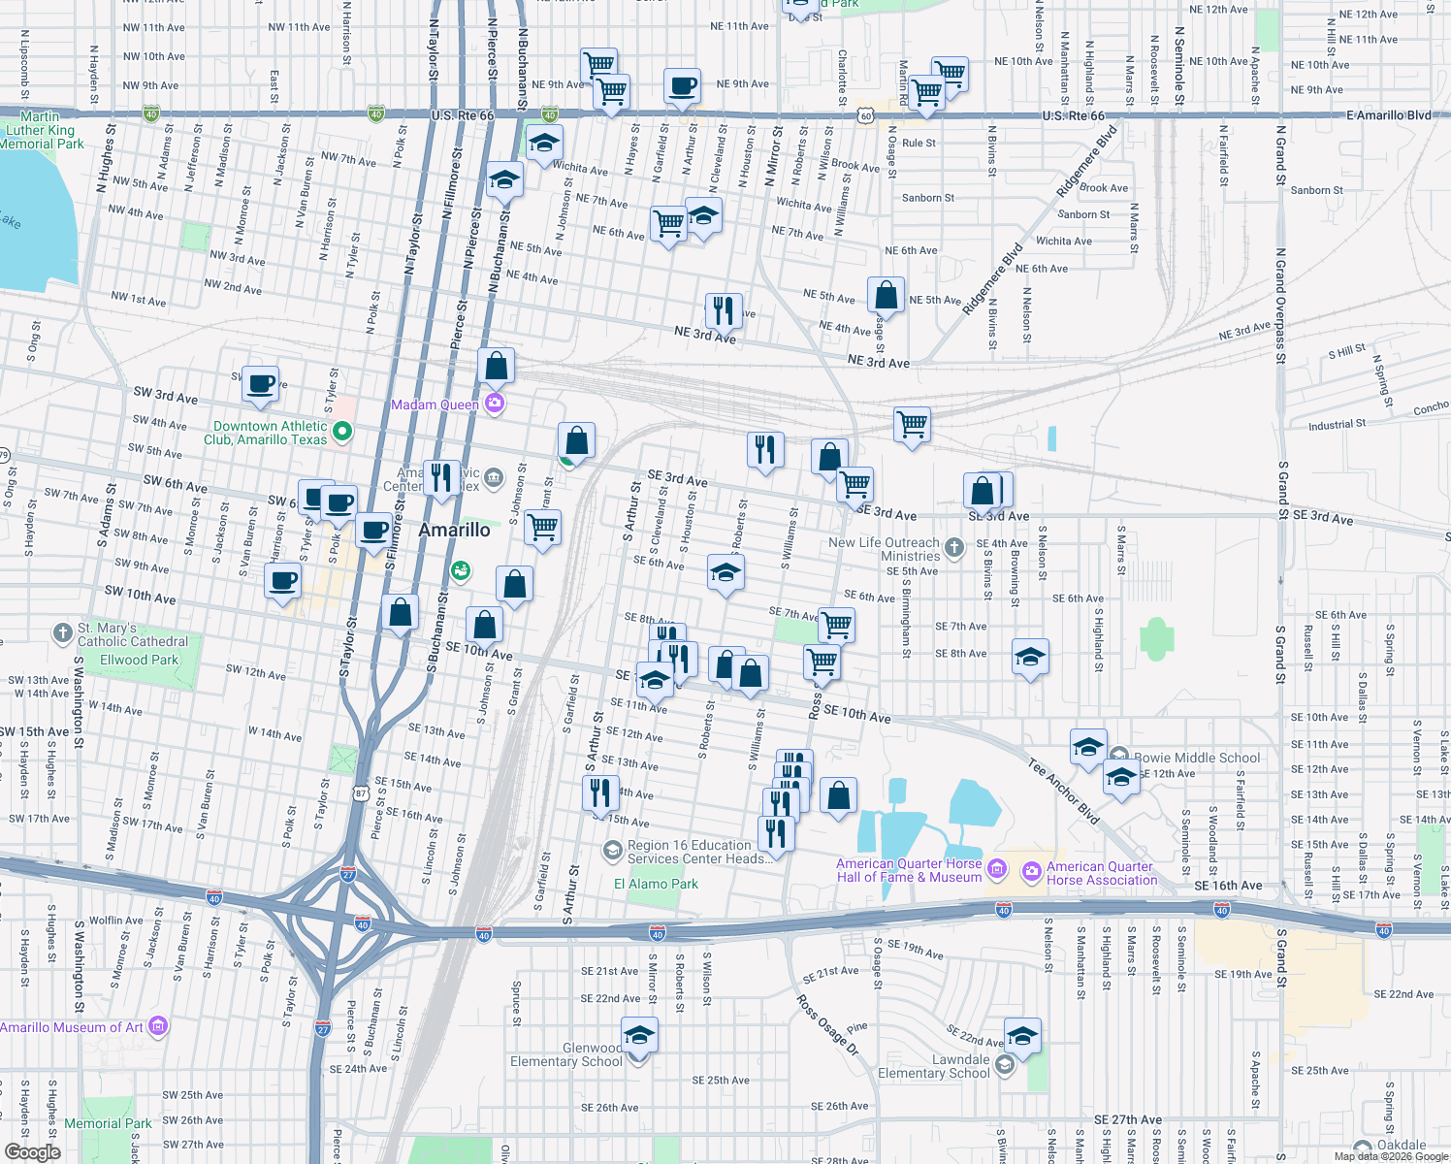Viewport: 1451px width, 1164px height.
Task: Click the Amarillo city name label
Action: click(x=454, y=530)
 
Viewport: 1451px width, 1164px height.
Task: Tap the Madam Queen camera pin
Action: click(x=495, y=404)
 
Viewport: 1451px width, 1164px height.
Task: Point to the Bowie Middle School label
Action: click(x=1197, y=758)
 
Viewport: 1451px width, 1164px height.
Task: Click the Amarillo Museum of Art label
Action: click(x=72, y=1027)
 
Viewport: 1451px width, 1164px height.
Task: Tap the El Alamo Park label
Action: click(x=656, y=884)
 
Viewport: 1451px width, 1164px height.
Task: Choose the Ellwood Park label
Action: click(x=140, y=660)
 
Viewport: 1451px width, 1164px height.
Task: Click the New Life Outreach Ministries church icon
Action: click(x=954, y=548)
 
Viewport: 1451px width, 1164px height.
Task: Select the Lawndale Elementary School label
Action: click(x=934, y=1066)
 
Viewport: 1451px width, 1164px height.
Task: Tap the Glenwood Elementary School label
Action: click(x=566, y=1054)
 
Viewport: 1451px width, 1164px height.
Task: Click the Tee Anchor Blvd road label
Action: click(x=1064, y=792)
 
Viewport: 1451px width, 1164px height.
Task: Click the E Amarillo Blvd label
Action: click(x=1389, y=115)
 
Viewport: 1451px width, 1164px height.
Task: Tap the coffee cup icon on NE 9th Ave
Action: click(x=682, y=85)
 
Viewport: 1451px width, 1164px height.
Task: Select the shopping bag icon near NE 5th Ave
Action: click(x=886, y=294)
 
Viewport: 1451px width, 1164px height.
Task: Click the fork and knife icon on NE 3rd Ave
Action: click(x=724, y=310)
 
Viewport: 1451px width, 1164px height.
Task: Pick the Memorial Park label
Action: click(x=108, y=1123)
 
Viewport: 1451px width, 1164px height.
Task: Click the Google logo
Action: click(x=32, y=1151)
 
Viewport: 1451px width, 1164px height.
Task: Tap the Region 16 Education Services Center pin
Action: click(x=612, y=851)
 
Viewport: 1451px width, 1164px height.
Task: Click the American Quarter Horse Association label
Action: click(x=1101, y=873)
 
